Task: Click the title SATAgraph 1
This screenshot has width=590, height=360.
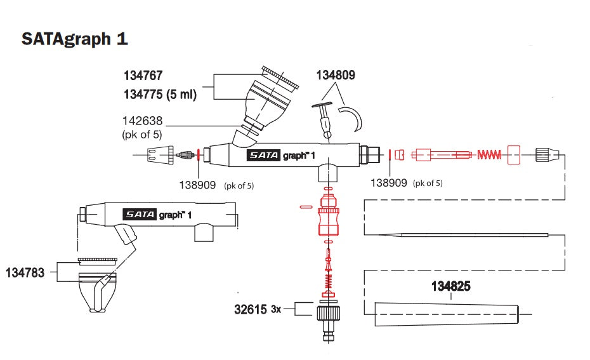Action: [75, 39]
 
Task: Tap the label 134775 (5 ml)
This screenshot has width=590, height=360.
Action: [160, 95]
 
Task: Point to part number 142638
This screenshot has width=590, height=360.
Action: [143, 121]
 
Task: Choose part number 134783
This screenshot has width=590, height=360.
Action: [25, 273]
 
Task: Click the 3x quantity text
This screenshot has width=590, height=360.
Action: [276, 310]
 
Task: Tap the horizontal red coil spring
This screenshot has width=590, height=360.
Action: [489, 154]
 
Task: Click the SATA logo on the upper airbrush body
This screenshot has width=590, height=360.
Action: [263, 156]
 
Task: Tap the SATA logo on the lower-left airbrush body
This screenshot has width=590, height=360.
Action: [139, 214]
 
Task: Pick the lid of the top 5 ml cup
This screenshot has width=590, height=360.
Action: [280, 77]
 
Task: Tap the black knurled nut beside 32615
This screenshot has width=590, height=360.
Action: [327, 311]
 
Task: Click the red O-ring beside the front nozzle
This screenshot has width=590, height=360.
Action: [199, 155]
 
